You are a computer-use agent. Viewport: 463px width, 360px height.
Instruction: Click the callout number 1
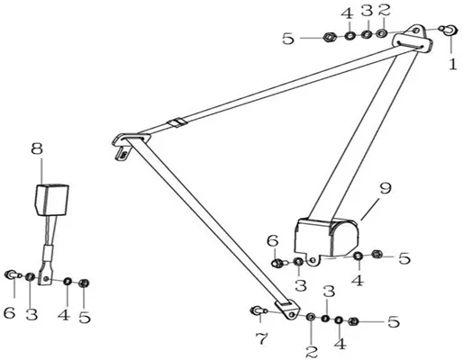click(453, 65)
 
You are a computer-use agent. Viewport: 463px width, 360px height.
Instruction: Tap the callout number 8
click(37, 148)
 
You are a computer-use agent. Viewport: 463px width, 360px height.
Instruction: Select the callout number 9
click(386, 188)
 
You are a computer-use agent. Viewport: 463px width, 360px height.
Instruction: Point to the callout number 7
click(261, 338)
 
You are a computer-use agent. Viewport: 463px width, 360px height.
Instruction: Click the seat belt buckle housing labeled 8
click(52, 200)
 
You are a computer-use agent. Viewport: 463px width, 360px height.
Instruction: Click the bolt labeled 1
click(449, 30)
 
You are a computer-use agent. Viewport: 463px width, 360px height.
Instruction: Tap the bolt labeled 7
click(258, 311)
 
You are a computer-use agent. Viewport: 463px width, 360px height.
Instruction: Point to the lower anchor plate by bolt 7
click(288, 310)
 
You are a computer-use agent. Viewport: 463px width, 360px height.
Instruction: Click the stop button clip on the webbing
click(177, 122)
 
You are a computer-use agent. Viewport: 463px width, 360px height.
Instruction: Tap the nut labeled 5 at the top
click(330, 38)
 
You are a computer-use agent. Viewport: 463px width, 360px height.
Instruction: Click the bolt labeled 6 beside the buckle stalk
click(13, 274)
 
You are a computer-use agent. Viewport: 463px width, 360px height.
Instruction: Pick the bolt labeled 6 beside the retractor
click(279, 263)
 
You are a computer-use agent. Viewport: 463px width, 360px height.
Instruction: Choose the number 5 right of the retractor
click(404, 258)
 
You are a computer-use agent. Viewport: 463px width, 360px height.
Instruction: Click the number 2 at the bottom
click(312, 351)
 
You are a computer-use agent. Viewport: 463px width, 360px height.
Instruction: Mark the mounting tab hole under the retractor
click(313, 260)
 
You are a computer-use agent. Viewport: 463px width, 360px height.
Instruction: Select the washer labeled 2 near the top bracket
click(382, 32)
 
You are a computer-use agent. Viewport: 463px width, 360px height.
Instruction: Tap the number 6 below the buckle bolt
click(9, 313)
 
